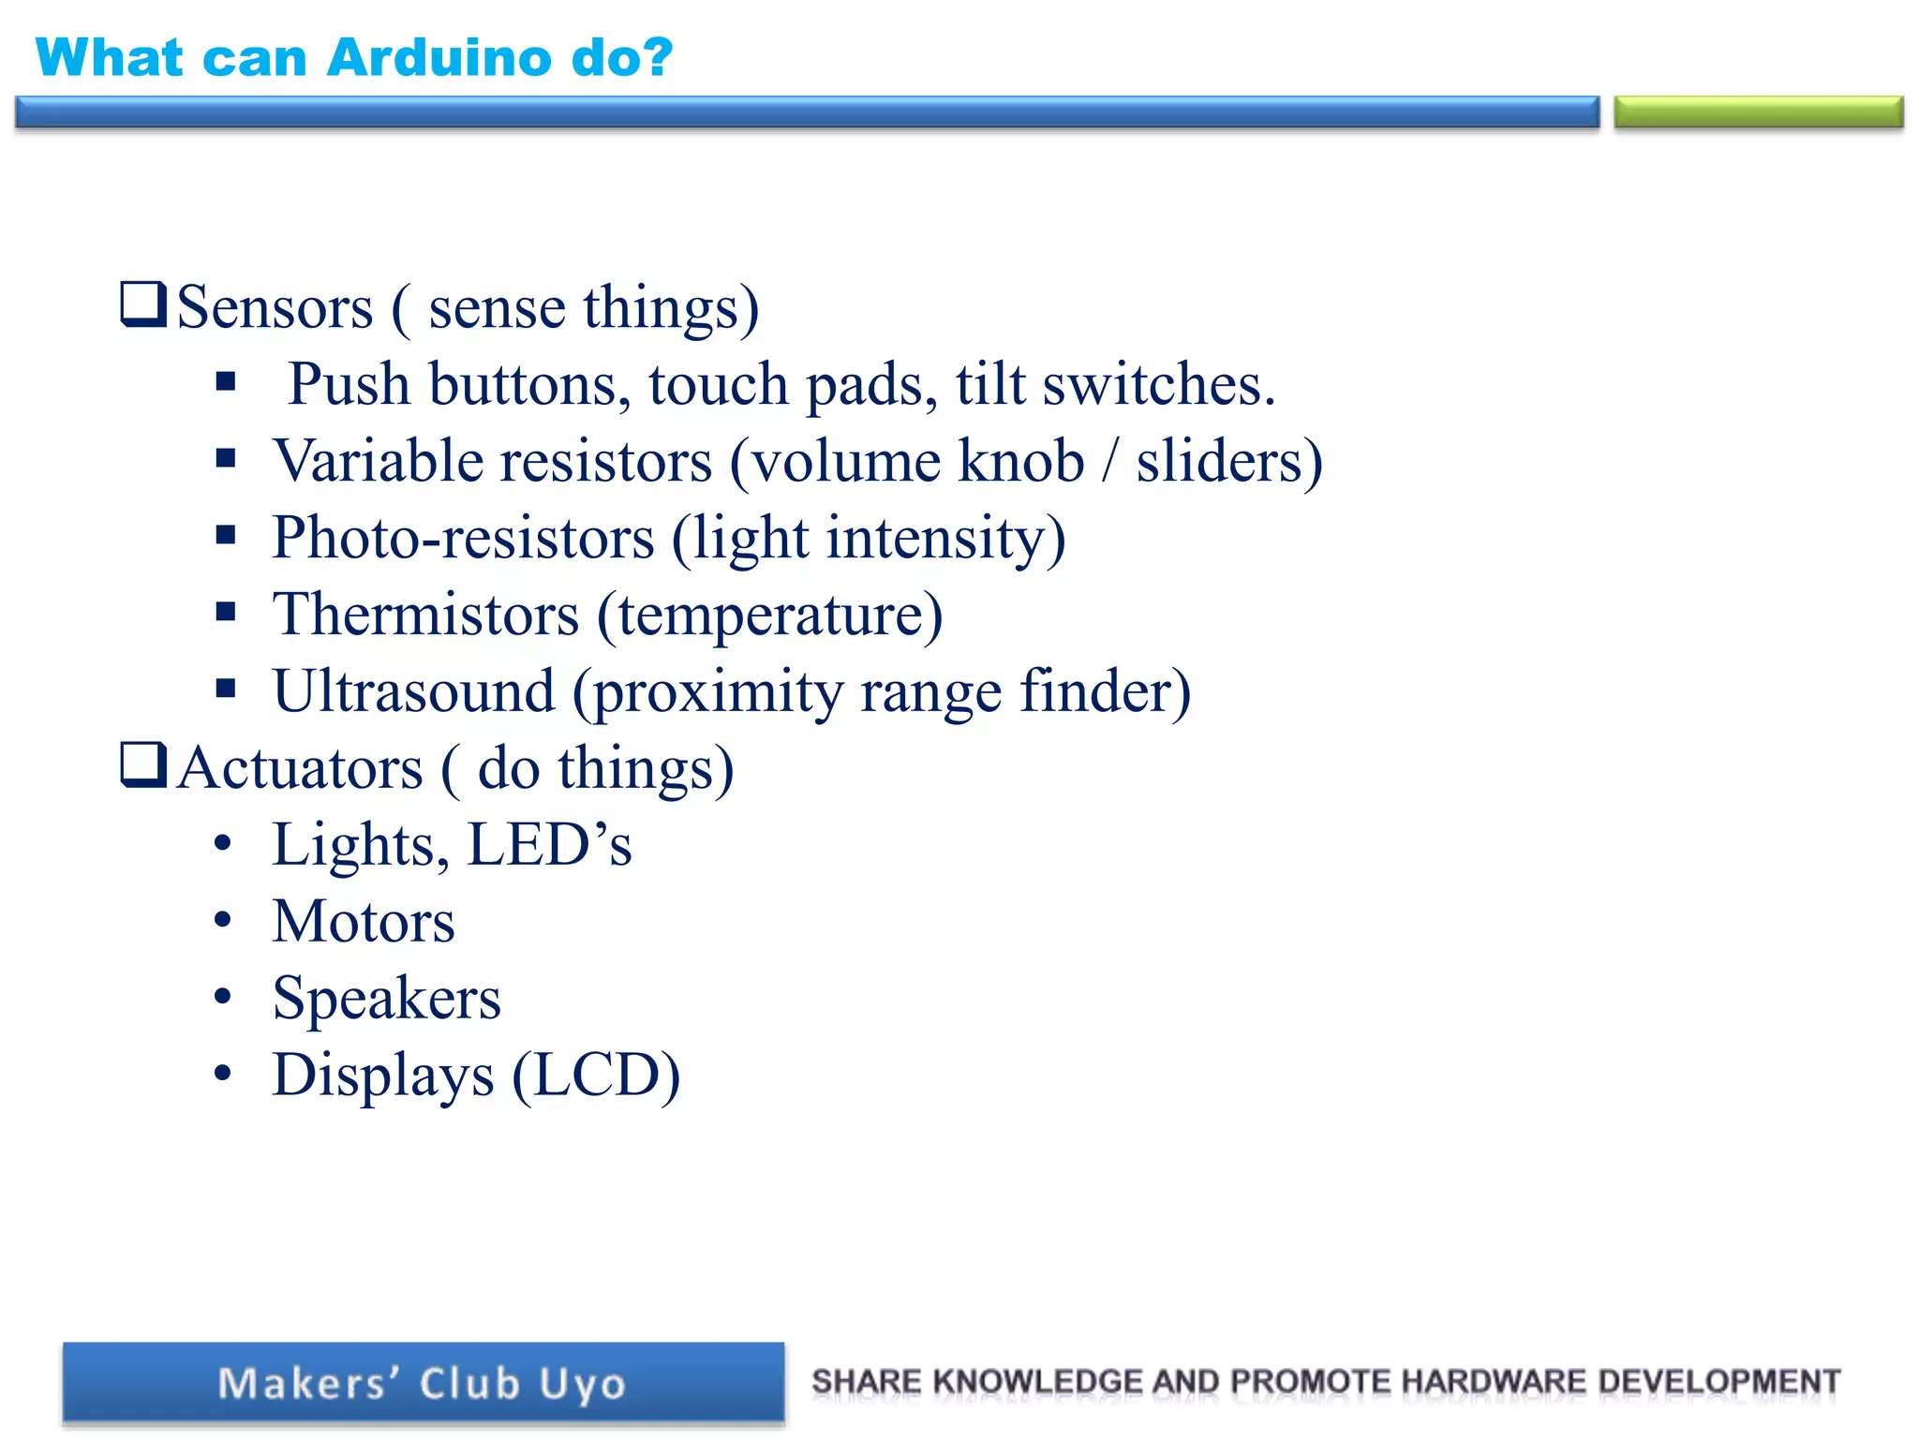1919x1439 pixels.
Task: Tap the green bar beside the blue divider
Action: tap(1758, 112)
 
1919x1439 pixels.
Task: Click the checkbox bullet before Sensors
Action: tap(143, 304)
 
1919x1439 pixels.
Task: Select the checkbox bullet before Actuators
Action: tap(143, 764)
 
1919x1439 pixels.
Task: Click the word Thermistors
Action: tap(425, 615)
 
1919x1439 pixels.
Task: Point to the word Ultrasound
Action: tap(413, 691)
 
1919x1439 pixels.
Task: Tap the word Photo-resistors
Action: tap(463, 538)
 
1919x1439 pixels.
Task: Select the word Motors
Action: tap(364, 922)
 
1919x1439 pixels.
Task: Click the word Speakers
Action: tap(386, 999)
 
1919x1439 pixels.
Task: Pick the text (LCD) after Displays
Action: tap(596, 1076)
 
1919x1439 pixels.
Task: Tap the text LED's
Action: tap(549, 845)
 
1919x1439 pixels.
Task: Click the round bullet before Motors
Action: tap(222, 920)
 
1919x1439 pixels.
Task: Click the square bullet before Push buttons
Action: tap(225, 382)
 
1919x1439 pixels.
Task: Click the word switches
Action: tap(1158, 384)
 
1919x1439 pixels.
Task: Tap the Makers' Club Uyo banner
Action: tap(424, 1383)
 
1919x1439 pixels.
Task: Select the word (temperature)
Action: tap(770, 615)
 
